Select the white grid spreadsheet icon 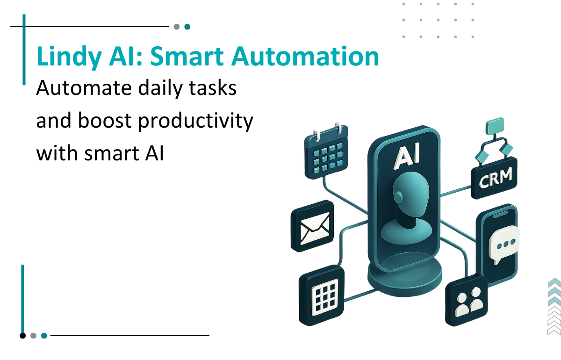(322, 295)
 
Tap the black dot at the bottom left (22, 335)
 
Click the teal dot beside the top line (187, 27)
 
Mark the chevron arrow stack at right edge (554, 306)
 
